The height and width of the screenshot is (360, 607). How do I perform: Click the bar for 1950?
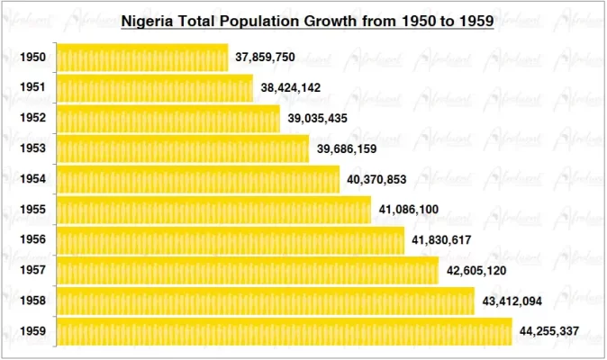[142, 58]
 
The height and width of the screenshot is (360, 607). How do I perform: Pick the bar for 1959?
[285, 332]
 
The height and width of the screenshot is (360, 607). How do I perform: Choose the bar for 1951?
[155, 88]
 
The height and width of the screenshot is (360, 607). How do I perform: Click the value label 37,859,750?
[266, 58]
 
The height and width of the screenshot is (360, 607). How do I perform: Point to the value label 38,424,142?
[291, 88]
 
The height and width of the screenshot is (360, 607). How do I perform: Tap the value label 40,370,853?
[376, 179]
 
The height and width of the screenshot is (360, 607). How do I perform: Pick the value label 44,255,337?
[549, 332]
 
